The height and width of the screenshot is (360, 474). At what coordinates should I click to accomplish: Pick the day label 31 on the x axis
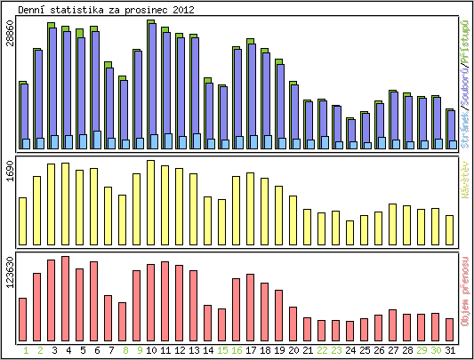point(450,350)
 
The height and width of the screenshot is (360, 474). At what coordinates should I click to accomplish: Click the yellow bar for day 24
point(350,232)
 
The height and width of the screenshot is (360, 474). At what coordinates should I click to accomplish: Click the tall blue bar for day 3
point(53,84)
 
